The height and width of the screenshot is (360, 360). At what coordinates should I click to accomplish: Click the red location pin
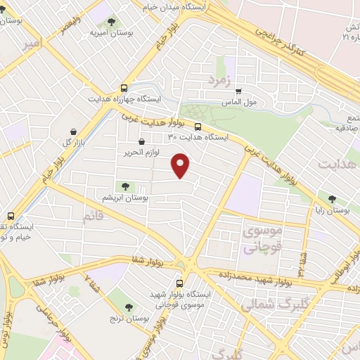181,165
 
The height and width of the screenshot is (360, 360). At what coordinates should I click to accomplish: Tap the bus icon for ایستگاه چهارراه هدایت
124,89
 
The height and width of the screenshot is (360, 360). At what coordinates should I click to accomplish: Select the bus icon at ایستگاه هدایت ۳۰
198,127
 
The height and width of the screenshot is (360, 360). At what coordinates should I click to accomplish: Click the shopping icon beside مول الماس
238,91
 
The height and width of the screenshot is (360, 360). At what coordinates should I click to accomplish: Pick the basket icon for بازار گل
74,131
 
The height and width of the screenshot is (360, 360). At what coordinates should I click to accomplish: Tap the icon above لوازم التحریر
142,143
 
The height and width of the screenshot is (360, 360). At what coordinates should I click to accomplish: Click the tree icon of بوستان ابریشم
125,186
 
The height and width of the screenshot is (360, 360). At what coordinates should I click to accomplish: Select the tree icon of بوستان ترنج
129,307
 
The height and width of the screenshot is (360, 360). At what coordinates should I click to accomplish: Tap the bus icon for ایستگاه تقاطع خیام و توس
10,217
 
